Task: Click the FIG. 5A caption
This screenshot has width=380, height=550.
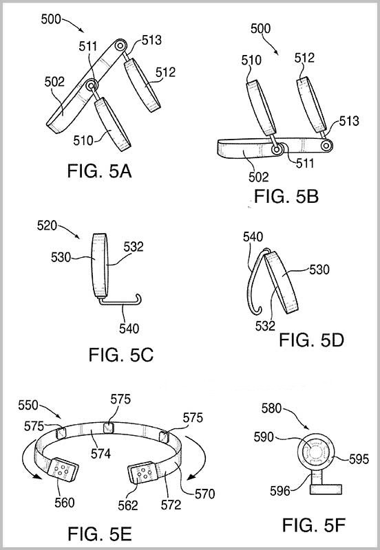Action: [x=99, y=171]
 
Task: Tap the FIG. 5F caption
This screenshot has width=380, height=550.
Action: [x=314, y=525]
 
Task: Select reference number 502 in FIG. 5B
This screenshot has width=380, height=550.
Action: [x=258, y=177]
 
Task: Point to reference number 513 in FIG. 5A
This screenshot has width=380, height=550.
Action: [x=151, y=40]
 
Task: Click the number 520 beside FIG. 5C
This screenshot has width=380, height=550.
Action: [x=47, y=225]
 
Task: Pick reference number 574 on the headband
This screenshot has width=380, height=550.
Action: [x=101, y=454]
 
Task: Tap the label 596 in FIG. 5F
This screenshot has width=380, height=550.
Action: [x=280, y=491]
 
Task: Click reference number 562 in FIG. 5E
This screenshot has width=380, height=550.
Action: [x=128, y=505]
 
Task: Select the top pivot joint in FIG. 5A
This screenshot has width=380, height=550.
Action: [x=120, y=45]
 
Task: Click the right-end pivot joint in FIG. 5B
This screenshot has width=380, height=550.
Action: [x=326, y=146]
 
